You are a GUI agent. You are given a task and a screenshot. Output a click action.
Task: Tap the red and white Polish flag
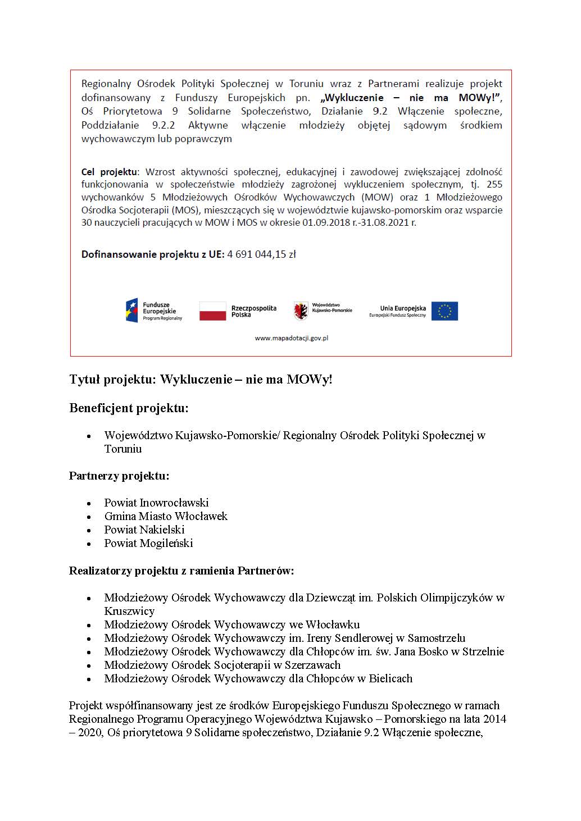point(213,311)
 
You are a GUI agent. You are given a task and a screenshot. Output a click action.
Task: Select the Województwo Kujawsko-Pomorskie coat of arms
point(301,311)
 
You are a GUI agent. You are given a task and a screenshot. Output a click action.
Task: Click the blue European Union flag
point(444,311)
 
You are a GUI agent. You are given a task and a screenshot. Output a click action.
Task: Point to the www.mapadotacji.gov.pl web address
point(291,338)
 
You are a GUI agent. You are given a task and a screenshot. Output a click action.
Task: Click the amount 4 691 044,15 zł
point(261,254)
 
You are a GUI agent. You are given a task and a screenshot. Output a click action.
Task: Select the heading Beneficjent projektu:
point(129,408)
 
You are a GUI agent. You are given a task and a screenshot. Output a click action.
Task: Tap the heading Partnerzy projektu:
point(119,476)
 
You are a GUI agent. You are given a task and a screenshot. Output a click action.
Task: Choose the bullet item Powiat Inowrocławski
point(156,503)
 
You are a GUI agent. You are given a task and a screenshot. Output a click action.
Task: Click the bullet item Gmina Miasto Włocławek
point(166,516)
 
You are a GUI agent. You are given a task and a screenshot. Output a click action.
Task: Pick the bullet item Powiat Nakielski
point(144,530)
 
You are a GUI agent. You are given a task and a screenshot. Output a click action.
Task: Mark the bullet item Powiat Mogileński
point(148,543)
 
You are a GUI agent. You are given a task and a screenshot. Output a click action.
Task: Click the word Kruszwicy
point(129,611)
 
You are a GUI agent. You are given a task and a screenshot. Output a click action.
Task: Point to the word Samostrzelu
point(437,638)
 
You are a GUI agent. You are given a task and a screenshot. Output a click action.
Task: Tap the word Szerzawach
point(312,665)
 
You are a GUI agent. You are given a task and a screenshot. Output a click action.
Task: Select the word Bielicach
point(391,678)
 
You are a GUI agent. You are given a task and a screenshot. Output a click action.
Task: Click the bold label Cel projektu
point(109,172)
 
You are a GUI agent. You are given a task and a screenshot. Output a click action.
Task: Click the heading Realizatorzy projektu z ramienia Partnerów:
point(181,571)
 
